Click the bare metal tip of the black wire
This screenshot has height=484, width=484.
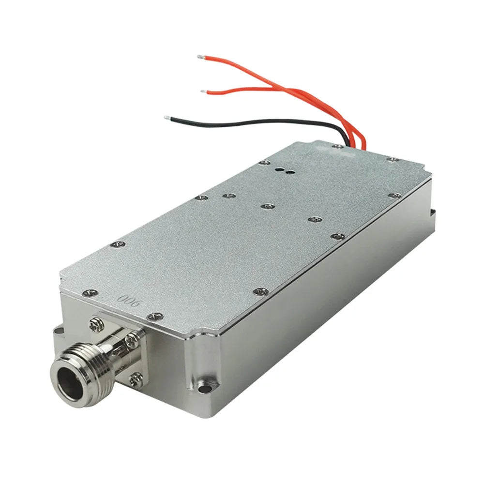[167, 118]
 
